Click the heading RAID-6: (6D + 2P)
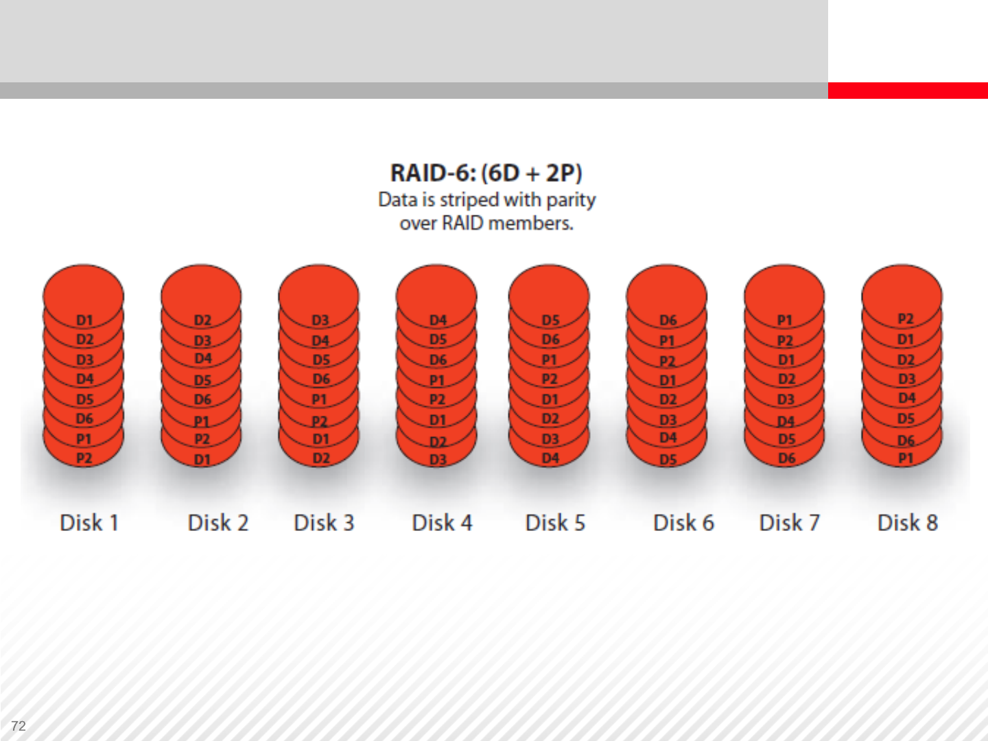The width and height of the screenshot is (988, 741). tap(486, 173)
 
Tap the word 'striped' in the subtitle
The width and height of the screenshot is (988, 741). tap(469, 200)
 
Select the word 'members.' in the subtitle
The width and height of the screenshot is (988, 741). tap(531, 223)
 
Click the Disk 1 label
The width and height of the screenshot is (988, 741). tap(89, 523)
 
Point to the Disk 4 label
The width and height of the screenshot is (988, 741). tap(442, 523)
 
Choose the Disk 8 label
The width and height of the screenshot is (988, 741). tap(908, 523)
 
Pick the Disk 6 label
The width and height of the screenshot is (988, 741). tap(683, 523)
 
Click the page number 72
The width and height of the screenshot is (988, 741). tap(19, 726)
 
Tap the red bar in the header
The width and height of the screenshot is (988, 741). tap(908, 91)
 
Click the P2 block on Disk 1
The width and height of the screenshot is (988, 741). tap(84, 458)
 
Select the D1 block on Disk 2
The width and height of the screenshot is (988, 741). tap(202, 460)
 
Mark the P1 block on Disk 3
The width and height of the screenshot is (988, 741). tap(319, 399)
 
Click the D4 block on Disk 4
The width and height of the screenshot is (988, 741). tap(438, 320)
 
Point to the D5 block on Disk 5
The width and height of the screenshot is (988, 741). tap(550, 320)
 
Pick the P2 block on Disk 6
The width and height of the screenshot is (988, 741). tap(667, 361)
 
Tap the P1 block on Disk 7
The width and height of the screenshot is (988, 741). tap(784, 320)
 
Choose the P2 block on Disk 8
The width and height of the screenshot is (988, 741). tap(905, 318)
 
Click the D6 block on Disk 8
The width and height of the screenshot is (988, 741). tap(906, 440)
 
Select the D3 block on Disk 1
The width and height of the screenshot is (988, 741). tap(84, 360)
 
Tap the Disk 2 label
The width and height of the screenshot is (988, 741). tap(218, 523)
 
